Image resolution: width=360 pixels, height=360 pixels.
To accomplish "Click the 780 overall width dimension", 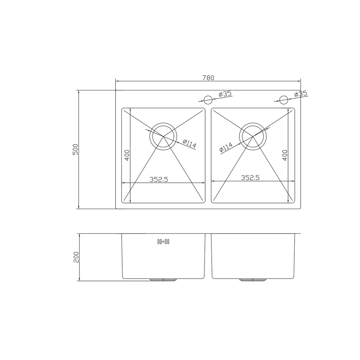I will point(208,77).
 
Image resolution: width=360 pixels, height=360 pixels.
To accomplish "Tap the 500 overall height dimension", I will point(75,149).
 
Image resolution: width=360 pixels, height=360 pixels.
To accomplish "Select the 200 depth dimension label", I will point(76,257).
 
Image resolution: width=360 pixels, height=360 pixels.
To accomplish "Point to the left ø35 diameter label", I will point(225,94).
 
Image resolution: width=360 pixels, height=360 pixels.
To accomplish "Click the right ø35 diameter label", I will point(301,94).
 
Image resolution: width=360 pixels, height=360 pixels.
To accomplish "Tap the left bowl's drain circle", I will point(163,136).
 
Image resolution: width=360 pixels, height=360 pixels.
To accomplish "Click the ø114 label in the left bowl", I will point(189,144).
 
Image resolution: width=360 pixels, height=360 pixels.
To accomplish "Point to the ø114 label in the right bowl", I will point(226,148).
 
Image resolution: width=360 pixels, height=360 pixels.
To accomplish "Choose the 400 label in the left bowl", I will point(127,155).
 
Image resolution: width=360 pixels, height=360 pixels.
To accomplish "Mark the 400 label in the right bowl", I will point(285,155).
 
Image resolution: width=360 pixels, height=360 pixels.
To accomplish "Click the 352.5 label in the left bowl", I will point(159,179).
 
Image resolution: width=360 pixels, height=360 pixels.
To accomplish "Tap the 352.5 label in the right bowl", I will point(250,177).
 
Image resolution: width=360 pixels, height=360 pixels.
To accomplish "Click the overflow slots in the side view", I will point(163,242).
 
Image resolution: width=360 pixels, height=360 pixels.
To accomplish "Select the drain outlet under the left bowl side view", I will point(163,280).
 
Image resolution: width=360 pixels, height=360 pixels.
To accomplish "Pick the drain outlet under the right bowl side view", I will point(253,280).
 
